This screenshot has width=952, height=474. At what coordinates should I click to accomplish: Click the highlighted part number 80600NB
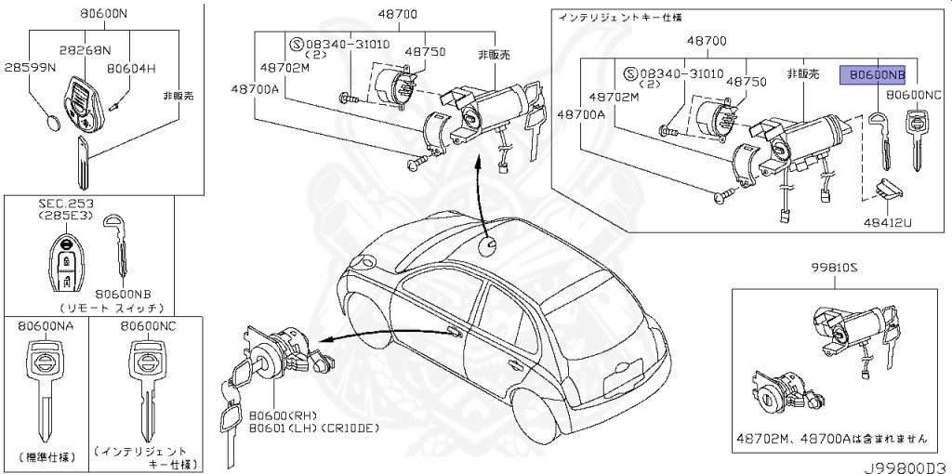[x=872, y=74]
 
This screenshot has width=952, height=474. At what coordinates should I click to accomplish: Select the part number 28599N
[x=30, y=69]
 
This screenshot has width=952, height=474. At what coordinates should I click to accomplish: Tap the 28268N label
[x=86, y=51]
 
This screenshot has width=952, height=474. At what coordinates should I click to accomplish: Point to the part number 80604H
[x=131, y=69]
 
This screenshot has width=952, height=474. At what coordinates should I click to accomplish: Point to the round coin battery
[x=55, y=122]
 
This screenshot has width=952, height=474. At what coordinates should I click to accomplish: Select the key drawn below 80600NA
[x=44, y=390]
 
